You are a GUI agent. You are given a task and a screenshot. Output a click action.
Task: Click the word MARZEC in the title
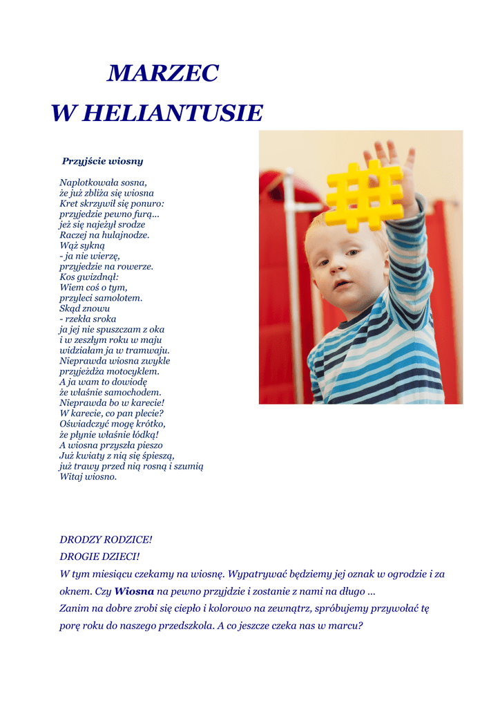tap(163, 73)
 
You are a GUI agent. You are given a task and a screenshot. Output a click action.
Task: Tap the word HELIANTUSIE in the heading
tap(173, 113)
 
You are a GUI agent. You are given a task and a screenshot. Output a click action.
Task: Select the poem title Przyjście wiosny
tap(102, 161)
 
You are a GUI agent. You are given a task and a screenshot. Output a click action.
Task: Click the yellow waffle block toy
tap(364, 194)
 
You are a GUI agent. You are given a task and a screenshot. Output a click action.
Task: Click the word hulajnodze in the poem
tap(126, 235)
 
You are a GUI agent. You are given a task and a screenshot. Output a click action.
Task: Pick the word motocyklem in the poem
tap(135, 371)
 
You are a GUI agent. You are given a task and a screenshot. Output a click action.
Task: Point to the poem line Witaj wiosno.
tap(88, 476)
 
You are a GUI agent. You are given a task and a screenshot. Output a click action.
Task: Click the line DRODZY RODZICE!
tap(106, 539)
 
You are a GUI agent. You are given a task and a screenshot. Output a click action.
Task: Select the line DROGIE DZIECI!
tap(100, 556)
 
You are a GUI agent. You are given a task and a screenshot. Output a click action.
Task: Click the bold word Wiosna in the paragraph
tap(134, 592)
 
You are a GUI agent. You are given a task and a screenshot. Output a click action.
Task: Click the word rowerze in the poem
tap(134, 267)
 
